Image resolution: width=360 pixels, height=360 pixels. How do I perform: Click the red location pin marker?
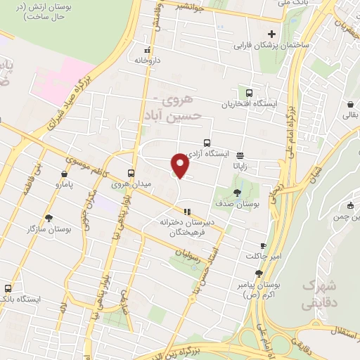click(180, 165)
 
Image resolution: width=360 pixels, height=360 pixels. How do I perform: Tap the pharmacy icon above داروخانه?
click(147, 51)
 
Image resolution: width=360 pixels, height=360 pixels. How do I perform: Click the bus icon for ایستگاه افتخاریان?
click(250, 93)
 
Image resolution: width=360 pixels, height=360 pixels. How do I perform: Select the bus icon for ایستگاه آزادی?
click(207, 143)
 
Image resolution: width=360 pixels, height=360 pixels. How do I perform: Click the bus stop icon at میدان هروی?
click(131, 173)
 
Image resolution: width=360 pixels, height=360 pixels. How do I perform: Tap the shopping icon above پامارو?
click(64, 174)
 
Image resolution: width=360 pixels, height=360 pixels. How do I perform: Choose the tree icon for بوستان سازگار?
click(48, 218)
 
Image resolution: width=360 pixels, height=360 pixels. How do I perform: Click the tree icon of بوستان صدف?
click(237, 192)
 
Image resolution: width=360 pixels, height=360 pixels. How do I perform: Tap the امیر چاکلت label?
click(262, 255)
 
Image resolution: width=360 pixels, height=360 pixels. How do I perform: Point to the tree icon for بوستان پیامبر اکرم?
click(259, 274)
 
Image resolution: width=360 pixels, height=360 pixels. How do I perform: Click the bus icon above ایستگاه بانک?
click(8, 288)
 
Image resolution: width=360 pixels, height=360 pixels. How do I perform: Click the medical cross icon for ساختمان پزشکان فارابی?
click(271, 34)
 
